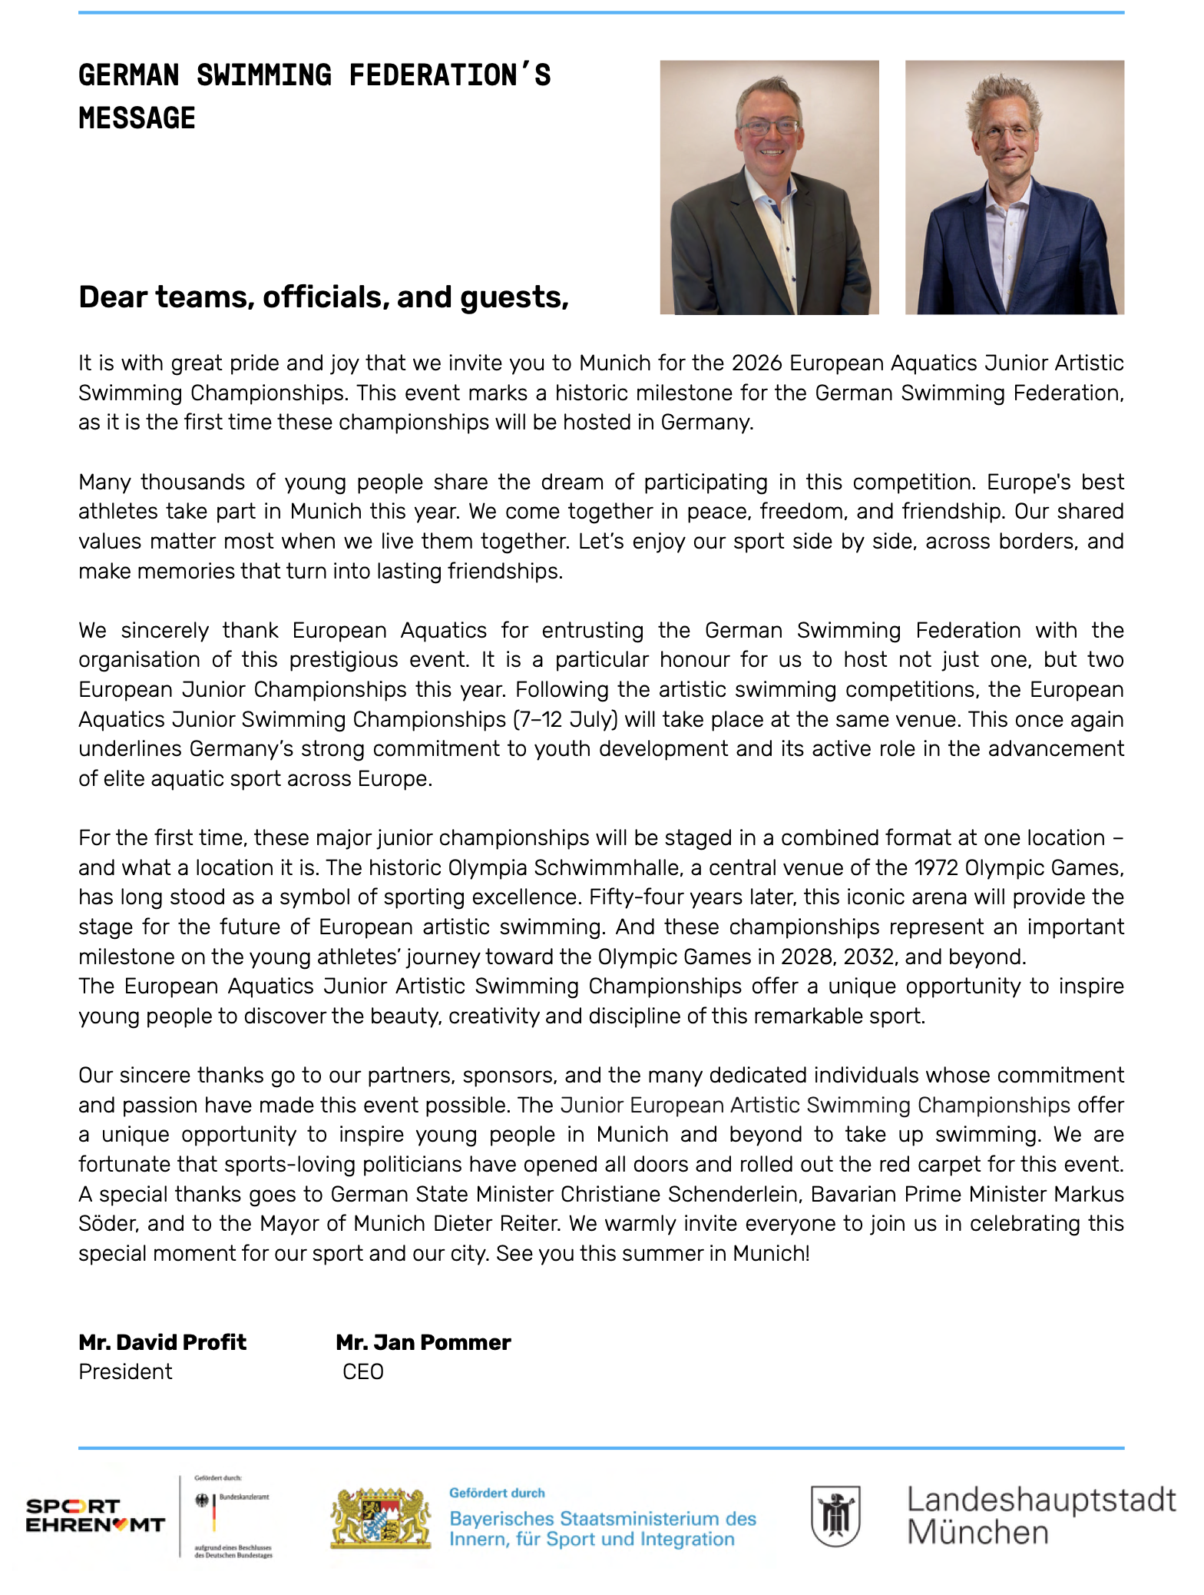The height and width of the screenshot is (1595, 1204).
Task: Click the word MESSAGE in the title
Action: [x=137, y=118]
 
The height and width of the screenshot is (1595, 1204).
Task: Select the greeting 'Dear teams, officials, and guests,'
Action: [x=323, y=297]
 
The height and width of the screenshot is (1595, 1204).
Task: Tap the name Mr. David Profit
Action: [x=162, y=1342]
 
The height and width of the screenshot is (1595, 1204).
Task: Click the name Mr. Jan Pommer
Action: [x=423, y=1342]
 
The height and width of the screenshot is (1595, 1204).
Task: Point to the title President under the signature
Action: [x=125, y=1371]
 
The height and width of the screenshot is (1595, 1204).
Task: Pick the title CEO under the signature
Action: [x=363, y=1371]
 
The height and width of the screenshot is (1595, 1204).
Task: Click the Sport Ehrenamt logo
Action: [x=95, y=1515]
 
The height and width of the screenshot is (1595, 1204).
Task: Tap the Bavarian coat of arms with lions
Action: [x=379, y=1517]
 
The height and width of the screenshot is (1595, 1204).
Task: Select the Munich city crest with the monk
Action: [x=835, y=1515]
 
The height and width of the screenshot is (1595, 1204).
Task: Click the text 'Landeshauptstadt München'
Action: [x=1040, y=1516]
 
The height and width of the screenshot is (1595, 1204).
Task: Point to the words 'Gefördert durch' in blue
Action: [x=497, y=1493]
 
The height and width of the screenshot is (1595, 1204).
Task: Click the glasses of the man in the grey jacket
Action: [x=769, y=127]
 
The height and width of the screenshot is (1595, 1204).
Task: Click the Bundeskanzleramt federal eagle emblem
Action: [x=203, y=1500]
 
